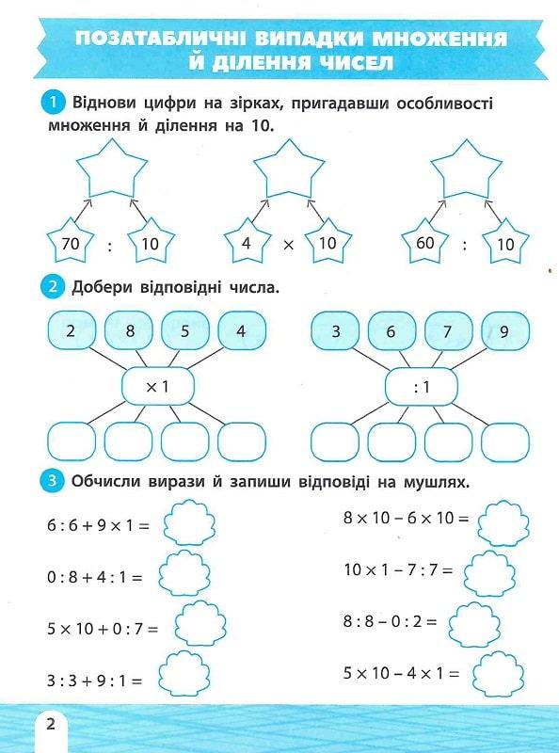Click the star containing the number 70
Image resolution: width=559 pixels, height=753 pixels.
71,242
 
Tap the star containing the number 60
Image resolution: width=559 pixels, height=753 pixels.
425,242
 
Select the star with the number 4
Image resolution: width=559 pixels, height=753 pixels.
248,242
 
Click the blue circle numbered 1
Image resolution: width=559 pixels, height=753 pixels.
53,103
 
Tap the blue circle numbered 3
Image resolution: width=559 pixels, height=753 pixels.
52,481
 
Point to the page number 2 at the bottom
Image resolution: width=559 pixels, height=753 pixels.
51,723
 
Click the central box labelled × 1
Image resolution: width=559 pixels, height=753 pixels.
158,386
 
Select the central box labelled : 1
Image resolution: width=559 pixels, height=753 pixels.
422,386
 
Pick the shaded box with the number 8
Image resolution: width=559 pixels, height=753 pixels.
128,330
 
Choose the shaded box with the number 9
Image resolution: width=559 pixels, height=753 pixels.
505,330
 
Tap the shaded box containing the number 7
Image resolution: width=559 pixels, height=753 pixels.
449,330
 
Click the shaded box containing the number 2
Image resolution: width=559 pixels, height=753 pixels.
72,330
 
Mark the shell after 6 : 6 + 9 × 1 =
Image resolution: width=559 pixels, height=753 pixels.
190,522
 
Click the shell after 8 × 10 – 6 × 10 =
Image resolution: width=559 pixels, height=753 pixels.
503,522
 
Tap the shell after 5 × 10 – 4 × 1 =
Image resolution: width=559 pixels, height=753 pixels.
498,673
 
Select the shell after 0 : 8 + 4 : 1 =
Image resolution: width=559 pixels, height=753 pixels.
184,574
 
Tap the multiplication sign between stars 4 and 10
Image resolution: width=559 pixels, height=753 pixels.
288,246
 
